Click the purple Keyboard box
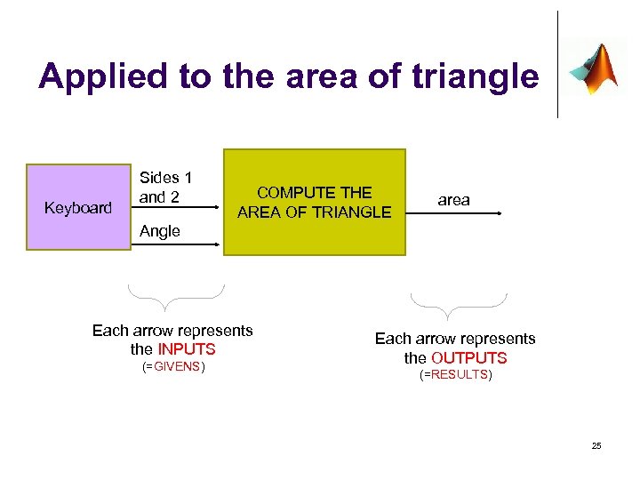(78, 207)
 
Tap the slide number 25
(596, 445)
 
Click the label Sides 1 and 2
(165, 188)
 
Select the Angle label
(160, 231)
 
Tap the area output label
(453, 200)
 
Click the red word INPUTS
(187, 349)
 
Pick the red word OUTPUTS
(468, 358)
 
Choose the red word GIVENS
(177, 366)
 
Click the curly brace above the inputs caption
(175, 294)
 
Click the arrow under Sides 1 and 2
(177, 208)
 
